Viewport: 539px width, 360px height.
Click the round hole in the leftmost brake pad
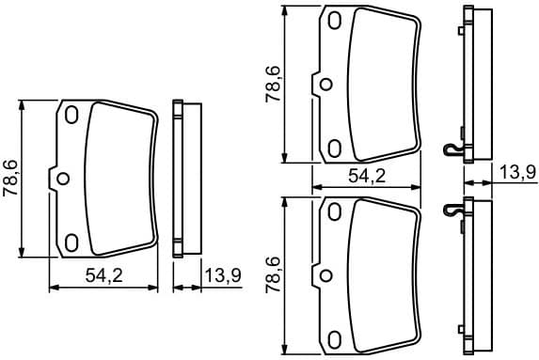point(62,179)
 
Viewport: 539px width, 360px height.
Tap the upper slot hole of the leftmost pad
point(71,115)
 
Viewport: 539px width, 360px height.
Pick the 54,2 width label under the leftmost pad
point(103,276)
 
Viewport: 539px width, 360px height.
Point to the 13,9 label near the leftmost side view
point(222,275)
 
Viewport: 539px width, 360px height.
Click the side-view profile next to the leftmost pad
point(182,179)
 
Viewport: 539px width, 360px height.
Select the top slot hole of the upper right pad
point(335,20)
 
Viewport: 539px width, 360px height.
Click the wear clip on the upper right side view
point(453,149)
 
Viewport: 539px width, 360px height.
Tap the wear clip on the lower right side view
point(453,210)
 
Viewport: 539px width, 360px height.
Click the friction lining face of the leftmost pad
point(120,179)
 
